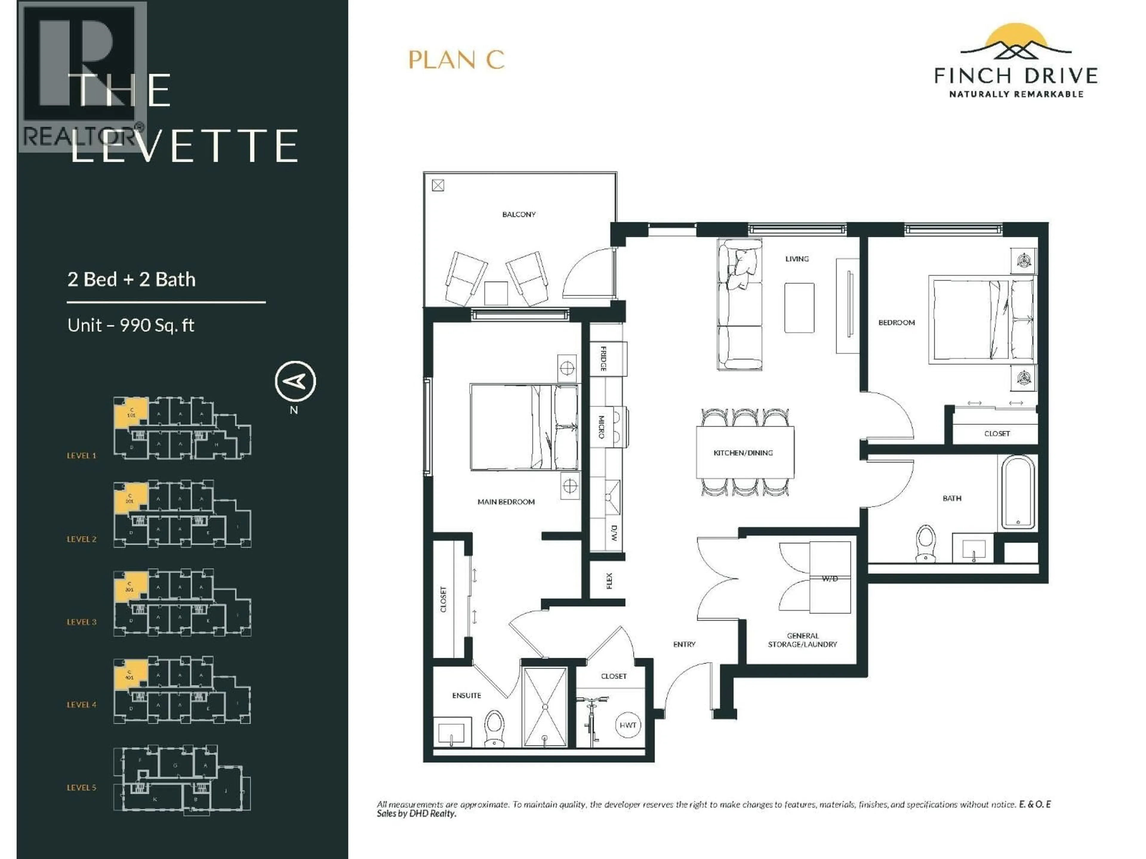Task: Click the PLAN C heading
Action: (x=456, y=60)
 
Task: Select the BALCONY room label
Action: (x=519, y=214)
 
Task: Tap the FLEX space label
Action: (x=609, y=581)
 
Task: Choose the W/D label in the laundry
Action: (x=829, y=578)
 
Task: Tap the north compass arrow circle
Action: (x=295, y=381)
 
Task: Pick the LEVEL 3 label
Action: (x=81, y=622)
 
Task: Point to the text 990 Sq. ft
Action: (x=157, y=325)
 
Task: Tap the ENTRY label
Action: (x=684, y=644)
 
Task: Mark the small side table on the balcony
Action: (x=496, y=293)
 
